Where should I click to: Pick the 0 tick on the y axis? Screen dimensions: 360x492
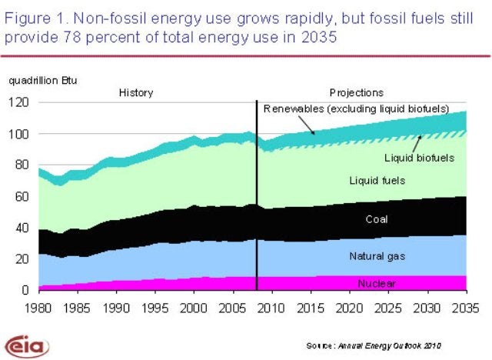(26, 291)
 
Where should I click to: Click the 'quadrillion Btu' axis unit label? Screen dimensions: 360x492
(43, 80)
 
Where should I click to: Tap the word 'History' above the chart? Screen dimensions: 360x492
(136, 93)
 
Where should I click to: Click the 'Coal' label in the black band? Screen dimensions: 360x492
(377, 219)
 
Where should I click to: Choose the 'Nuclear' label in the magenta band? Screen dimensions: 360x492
(377, 284)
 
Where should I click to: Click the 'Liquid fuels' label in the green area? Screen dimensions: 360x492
(377, 181)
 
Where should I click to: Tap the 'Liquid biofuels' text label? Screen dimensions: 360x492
(419, 158)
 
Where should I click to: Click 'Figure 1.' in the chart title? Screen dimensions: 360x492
(35, 18)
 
